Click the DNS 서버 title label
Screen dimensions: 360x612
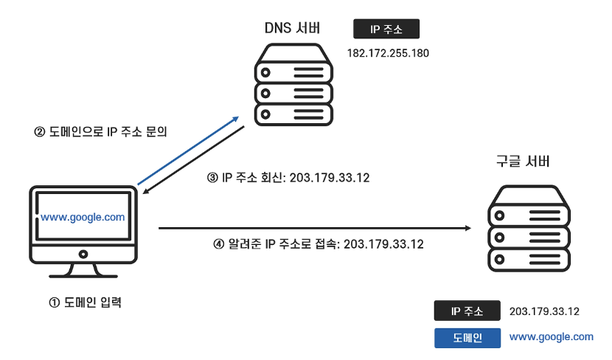292,29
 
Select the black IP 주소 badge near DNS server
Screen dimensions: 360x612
386,29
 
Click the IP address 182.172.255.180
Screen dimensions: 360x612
388,53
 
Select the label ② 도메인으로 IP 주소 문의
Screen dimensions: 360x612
101,133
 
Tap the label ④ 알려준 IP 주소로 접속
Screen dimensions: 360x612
318,243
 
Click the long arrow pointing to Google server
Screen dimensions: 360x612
313,229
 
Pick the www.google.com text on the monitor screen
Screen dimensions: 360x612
83,218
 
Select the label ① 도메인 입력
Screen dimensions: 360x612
83,302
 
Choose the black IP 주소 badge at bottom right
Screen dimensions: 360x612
467,311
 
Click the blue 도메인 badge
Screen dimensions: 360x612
467,338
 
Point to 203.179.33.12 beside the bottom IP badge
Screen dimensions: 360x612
544,311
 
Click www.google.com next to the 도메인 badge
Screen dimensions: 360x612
551,337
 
